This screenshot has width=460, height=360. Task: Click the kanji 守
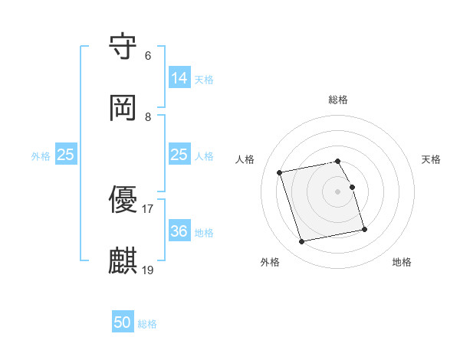[x=123, y=47]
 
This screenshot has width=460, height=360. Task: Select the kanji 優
[x=123, y=200]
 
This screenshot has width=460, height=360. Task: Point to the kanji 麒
[x=123, y=260]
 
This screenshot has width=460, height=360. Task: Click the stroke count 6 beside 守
[x=148, y=56]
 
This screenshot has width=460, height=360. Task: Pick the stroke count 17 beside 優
[x=148, y=208]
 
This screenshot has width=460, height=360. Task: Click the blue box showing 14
[x=179, y=77]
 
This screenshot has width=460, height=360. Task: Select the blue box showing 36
[x=179, y=231]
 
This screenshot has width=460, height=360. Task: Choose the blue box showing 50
[x=123, y=322]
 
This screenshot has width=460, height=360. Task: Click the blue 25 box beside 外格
[x=66, y=155]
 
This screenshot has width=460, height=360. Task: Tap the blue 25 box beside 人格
[x=179, y=155]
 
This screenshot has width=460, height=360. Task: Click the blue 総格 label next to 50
[x=147, y=324]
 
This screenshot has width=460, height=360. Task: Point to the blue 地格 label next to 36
[x=204, y=232]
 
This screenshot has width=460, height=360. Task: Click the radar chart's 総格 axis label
[x=338, y=100]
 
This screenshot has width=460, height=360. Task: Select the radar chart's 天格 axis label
[x=432, y=159]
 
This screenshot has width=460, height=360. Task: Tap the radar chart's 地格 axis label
[x=402, y=262]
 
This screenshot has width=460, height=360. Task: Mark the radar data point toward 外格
[x=302, y=242]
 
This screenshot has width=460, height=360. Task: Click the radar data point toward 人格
[x=280, y=172]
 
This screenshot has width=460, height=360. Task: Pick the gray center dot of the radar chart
[x=338, y=191]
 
